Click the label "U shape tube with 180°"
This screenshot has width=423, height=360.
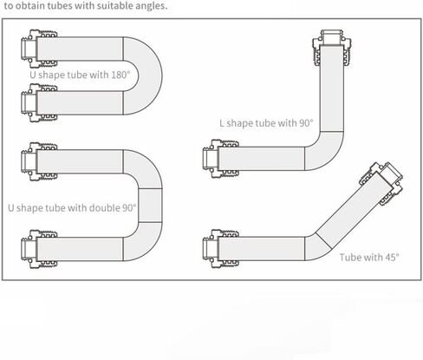(x=80, y=75)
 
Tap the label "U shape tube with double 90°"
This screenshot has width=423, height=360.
(x=72, y=208)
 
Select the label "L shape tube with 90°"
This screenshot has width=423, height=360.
(x=266, y=123)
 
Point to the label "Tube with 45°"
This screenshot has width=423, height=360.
(x=369, y=257)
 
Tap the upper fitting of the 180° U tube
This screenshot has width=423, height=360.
(x=39, y=49)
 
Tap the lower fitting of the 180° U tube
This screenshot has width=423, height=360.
(x=39, y=103)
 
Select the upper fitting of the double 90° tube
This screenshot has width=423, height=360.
(x=39, y=161)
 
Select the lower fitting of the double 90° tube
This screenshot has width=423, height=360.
(x=39, y=249)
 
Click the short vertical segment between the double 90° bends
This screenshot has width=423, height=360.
(x=150, y=206)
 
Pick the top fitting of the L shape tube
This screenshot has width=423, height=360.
(x=332, y=48)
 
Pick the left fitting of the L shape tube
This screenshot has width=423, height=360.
(x=221, y=159)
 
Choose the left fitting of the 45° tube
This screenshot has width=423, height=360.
(x=221, y=249)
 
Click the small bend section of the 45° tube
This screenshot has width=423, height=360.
(x=316, y=246)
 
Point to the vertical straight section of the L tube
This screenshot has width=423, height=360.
(x=332, y=88)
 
